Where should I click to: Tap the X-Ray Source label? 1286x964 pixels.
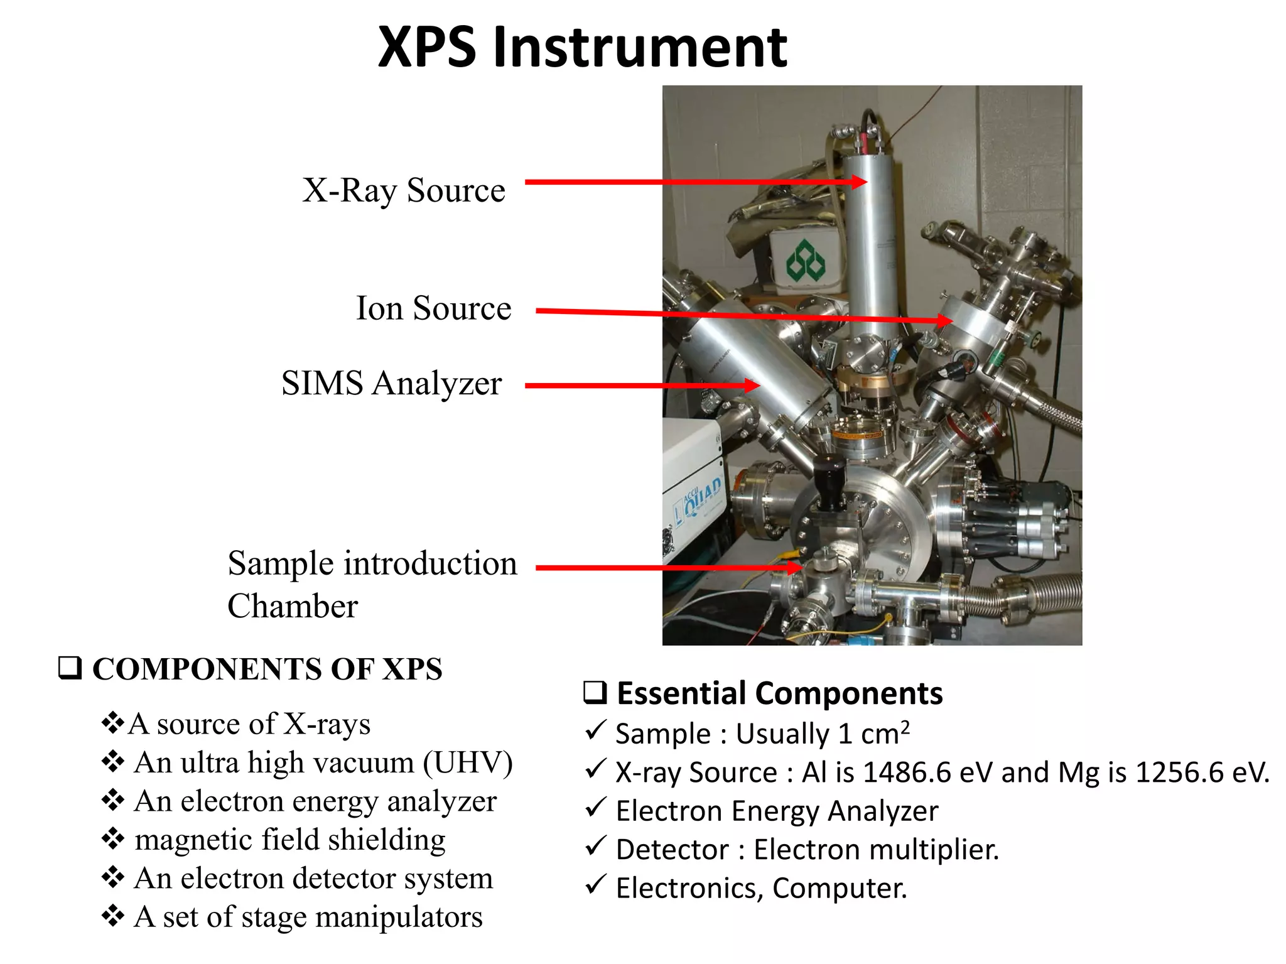click(403, 190)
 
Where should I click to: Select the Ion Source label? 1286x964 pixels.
click(433, 308)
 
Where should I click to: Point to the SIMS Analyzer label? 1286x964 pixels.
click(391, 383)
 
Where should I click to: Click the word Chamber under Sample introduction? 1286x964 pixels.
click(293, 606)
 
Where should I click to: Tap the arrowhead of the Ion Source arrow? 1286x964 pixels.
click(944, 321)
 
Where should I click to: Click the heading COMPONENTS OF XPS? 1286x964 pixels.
click(267, 669)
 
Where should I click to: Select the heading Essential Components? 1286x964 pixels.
click(779, 693)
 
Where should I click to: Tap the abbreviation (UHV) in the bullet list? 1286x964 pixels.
click(468, 762)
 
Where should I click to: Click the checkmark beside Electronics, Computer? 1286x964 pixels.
click(595, 885)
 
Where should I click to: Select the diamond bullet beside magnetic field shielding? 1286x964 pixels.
click(113, 838)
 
